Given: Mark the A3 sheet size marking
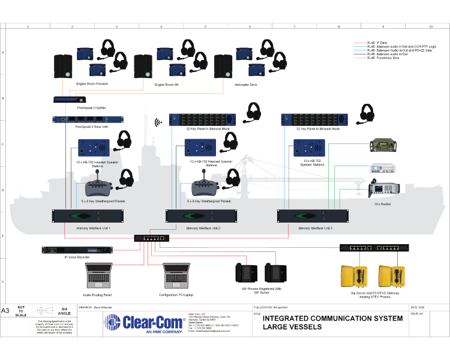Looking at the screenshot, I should (x=7, y=311).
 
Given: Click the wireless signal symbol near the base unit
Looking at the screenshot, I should (x=159, y=122).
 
